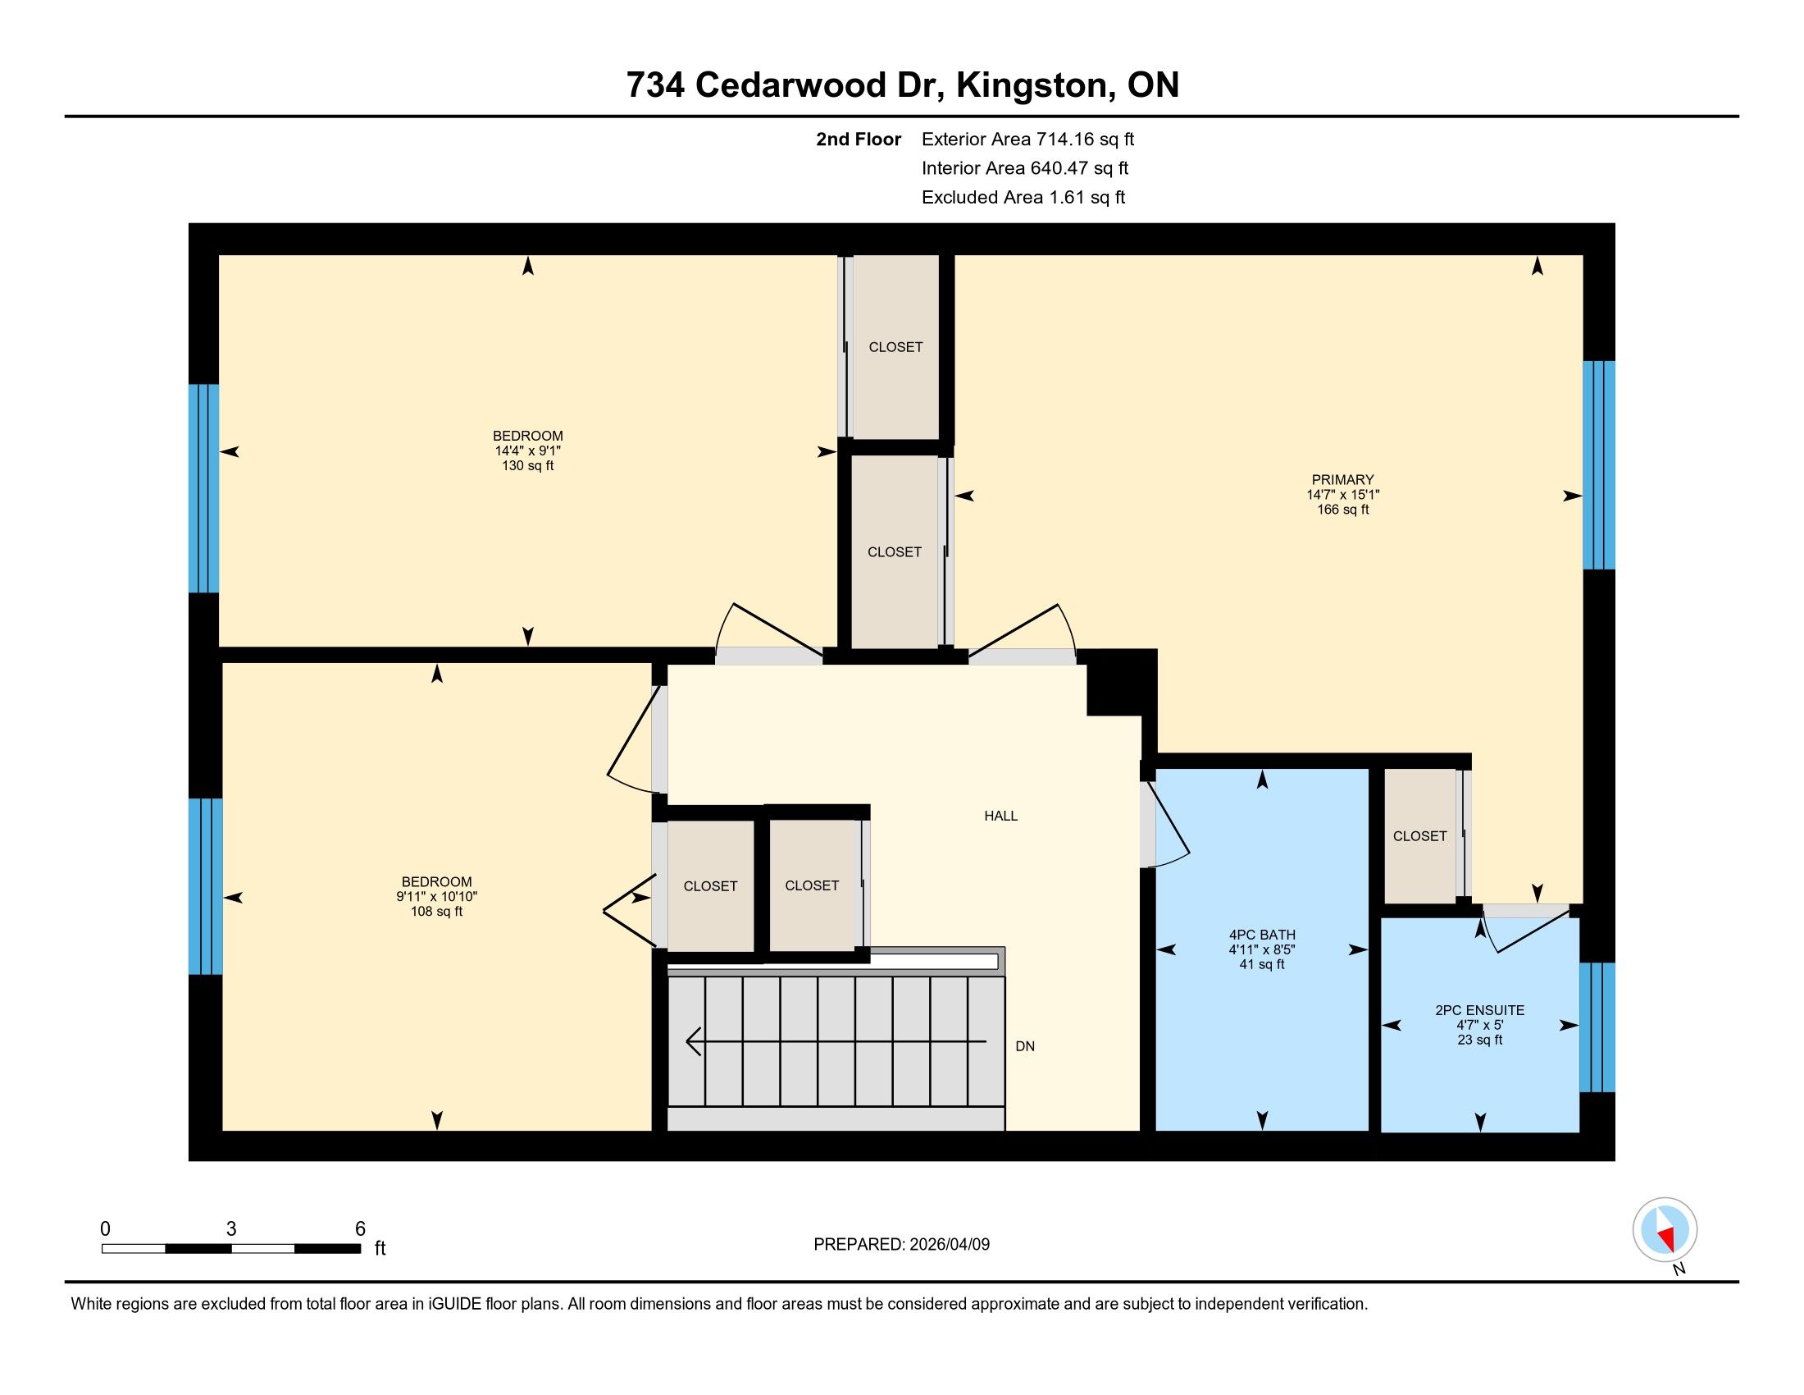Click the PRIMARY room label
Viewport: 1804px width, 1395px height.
coord(1342,479)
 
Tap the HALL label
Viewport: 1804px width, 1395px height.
coord(1000,816)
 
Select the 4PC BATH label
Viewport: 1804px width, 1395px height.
coord(1261,935)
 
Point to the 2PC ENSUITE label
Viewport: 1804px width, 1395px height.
coord(1479,1010)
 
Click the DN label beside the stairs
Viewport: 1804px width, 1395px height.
coord(1025,1046)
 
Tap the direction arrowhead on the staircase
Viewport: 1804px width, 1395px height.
coord(694,1041)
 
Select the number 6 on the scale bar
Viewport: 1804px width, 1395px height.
coord(360,1229)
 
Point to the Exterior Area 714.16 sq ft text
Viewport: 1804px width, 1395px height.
coord(1027,139)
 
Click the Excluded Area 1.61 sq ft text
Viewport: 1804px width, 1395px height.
coord(1023,197)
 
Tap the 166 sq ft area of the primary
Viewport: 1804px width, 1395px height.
coord(1342,510)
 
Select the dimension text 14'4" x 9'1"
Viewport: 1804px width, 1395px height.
coord(528,451)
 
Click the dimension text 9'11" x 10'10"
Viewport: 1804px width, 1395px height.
coord(437,897)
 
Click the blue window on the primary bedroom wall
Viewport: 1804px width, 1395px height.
coord(1598,465)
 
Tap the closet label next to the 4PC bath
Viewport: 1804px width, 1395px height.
coord(1420,836)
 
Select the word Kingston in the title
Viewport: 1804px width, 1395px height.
coord(1032,85)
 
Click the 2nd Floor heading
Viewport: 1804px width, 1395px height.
coord(859,139)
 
